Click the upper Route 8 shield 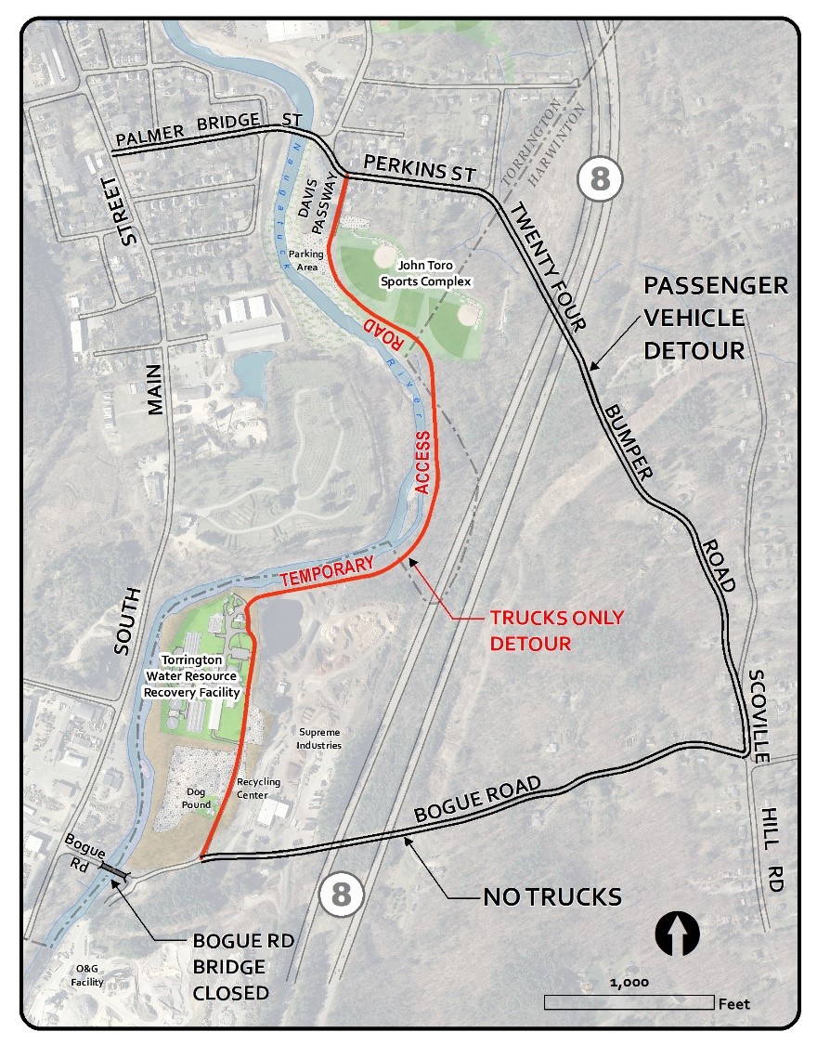(x=600, y=178)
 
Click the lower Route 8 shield (x=341, y=895)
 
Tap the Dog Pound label (x=197, y=798)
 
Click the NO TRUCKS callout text (x=551, y=897)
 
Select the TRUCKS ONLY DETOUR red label (x=557, y=630)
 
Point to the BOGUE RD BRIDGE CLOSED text (x=243, y=967)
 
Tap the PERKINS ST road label (x=420, y=168)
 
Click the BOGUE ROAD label (x=477, y=800)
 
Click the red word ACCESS (x=422, y=463)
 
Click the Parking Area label (x=305, y=259)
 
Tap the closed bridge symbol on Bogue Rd (x=115, y=871)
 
